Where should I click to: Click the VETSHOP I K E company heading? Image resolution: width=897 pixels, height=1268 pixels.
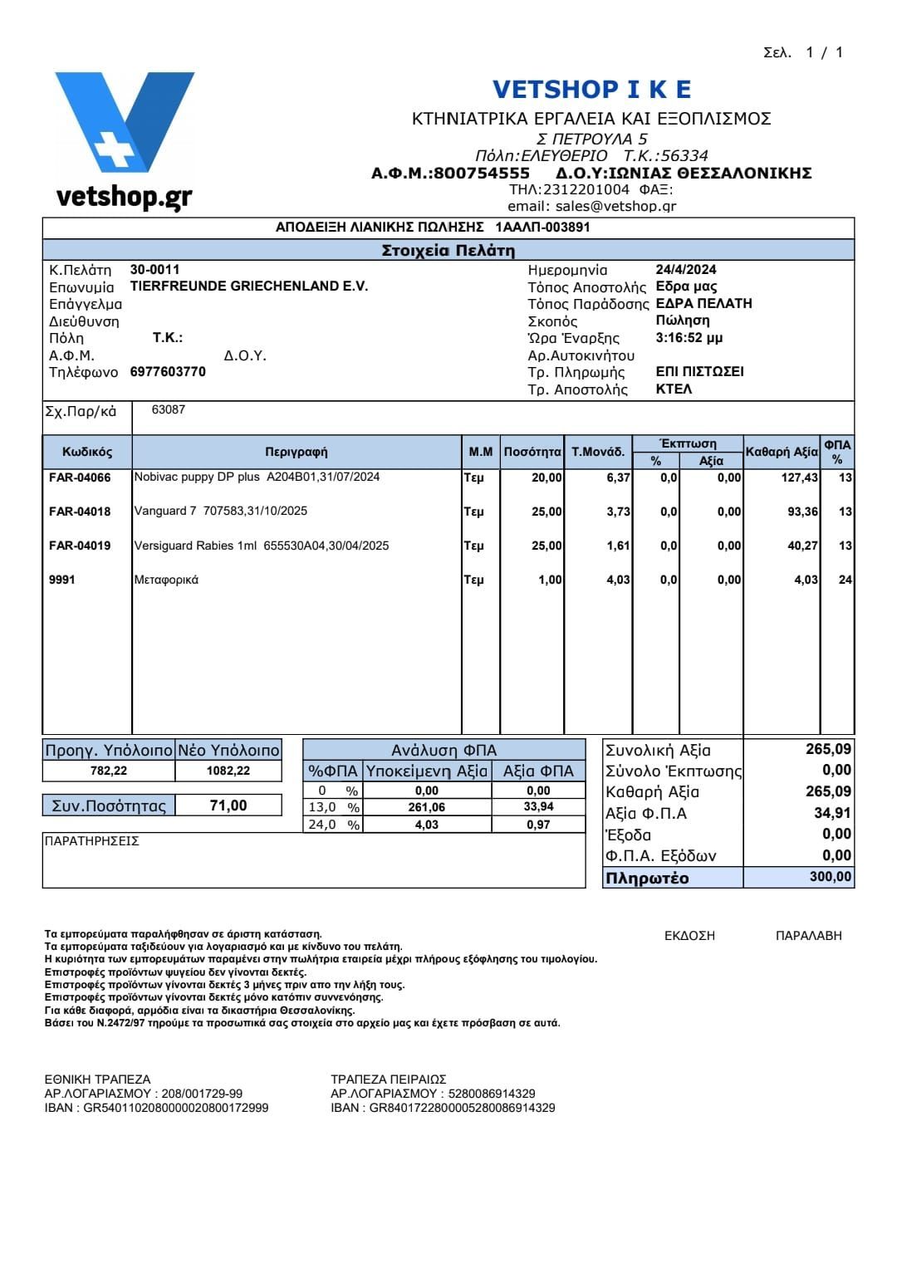click(x=591, y=89)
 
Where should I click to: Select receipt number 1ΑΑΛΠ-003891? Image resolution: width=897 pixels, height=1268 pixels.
click(x=542, y=227)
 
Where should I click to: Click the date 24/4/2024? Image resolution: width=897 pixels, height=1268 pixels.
click(x=686, y=269)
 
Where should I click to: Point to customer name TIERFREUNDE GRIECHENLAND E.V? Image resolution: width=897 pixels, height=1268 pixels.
click(x=249, y=286)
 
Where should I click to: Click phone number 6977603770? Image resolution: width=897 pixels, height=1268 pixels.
click(x=168, y=372)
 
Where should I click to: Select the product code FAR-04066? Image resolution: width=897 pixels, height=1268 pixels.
click(x=80, y=477)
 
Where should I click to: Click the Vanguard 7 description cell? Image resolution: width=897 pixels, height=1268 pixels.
click(x=221, y=511)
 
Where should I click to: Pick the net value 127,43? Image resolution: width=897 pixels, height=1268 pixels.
click(x=800, y=477)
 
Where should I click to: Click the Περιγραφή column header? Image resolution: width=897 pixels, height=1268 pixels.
click(x=297, y=452)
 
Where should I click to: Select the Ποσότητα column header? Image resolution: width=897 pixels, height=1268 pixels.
click(x=532, y=452)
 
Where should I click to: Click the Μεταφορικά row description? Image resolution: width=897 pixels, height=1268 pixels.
click(x=167, y=580)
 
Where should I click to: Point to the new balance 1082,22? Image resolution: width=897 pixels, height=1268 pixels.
click(x=228, y=771)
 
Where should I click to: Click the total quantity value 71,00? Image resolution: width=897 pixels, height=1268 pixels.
click(x=228, y=805)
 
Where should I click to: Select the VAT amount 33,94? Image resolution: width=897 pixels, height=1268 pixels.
click(x=538, y=807)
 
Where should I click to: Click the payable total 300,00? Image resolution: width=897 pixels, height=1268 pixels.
click(x=830, y=877)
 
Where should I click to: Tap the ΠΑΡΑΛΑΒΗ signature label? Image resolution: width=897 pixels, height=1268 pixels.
click(x=808, y=936)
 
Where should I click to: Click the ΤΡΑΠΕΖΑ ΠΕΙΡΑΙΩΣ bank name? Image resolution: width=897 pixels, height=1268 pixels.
click(x=389, y=1080)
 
